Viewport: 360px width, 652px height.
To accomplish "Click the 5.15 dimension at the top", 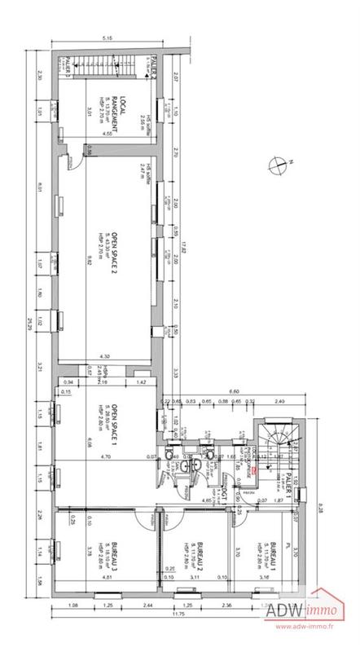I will click(107, 38).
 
